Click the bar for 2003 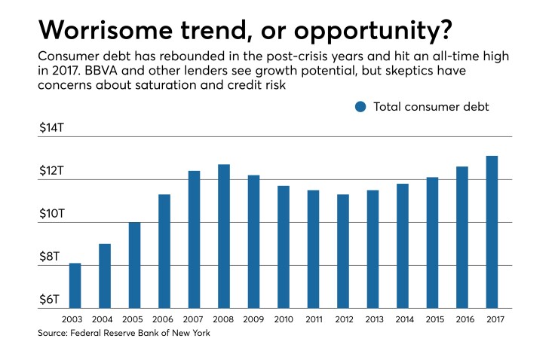[75, 285]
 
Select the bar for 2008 [224, 236]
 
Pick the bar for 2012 [343, 252]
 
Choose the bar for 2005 [135, 265]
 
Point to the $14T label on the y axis [54, 128]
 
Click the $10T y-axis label [54, 214]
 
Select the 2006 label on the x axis [164, 319]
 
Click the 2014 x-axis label [403, 319]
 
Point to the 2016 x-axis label [462, 319]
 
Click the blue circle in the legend [360, 107]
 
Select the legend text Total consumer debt [431, 107]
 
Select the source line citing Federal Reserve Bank [124, 334]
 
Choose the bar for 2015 [432, 243]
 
